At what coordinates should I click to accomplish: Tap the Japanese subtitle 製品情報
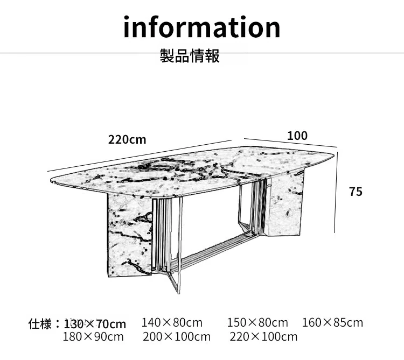[x=190, y=56]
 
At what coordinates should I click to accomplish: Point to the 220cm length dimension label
[x=127, y=140]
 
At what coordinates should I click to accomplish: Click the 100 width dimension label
[x=297, y=136]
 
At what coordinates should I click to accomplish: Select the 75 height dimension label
[x=356, y=192]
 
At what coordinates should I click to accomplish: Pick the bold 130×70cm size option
[x=95, y=324]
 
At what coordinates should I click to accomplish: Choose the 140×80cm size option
[x=172, y=323]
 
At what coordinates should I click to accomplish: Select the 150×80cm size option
[x=257, y=323]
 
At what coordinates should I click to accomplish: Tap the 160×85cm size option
[x=332, y=323]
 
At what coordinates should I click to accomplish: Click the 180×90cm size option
[x=93, y=337]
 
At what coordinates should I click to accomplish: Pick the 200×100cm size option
[x=177, y=337]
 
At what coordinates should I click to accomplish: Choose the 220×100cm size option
[x=263, y=337]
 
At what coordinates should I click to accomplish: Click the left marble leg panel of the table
[x=128, y=237]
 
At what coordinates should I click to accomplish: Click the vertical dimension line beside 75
[x=336, y=191]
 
